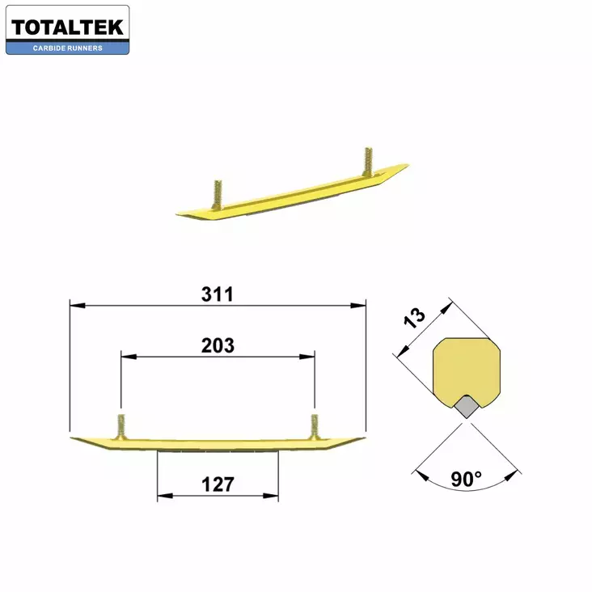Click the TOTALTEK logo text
pos(67,27)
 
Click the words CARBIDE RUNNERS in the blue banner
pos(67,49)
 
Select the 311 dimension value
pos(217,294)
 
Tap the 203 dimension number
pos(218,345)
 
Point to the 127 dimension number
pos(218,484)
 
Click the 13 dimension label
pos(416,318)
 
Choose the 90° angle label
pos(467,480)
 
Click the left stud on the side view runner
pos(121,427)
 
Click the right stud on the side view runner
pos(314,427)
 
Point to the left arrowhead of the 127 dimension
pos(162,495)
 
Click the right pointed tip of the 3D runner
pos(406,166)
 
